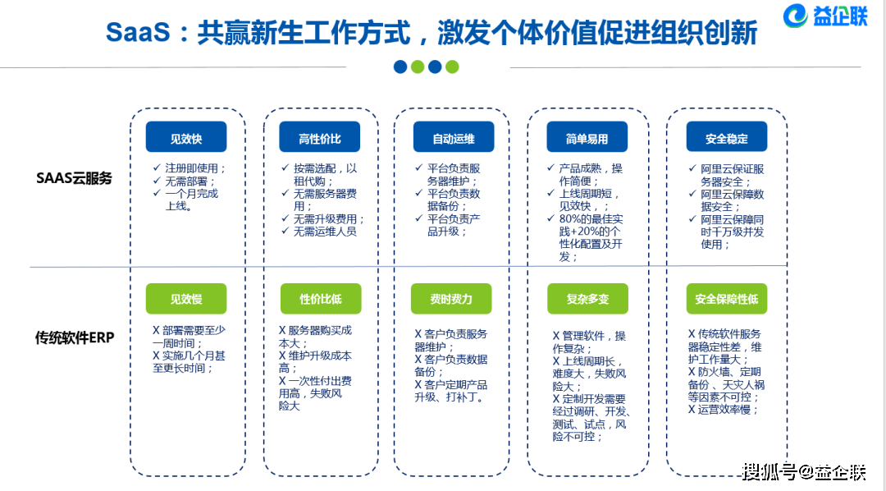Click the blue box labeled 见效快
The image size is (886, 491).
point(186,137)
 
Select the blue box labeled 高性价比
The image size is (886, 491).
point(319,137)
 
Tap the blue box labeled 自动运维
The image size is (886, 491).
point(453,137)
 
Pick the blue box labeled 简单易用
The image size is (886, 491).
point(587,137)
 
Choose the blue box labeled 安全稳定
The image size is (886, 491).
point(727,137)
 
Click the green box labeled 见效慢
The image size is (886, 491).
point(186,299)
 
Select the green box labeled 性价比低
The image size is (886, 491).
point(321,299)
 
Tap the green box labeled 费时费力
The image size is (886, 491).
point(451,299)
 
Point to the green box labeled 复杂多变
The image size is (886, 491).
point(587,299)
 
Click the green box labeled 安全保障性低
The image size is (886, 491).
point(727,299)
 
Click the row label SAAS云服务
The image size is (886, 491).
point(74,178)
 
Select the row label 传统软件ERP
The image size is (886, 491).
point(75,337)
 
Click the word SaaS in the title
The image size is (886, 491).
point(138,32)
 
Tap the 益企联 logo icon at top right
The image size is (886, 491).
point(795,16)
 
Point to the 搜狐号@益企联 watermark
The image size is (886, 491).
point(803,471)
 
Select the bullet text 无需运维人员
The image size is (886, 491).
point(325,232)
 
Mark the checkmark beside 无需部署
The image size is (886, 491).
point(157,181)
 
